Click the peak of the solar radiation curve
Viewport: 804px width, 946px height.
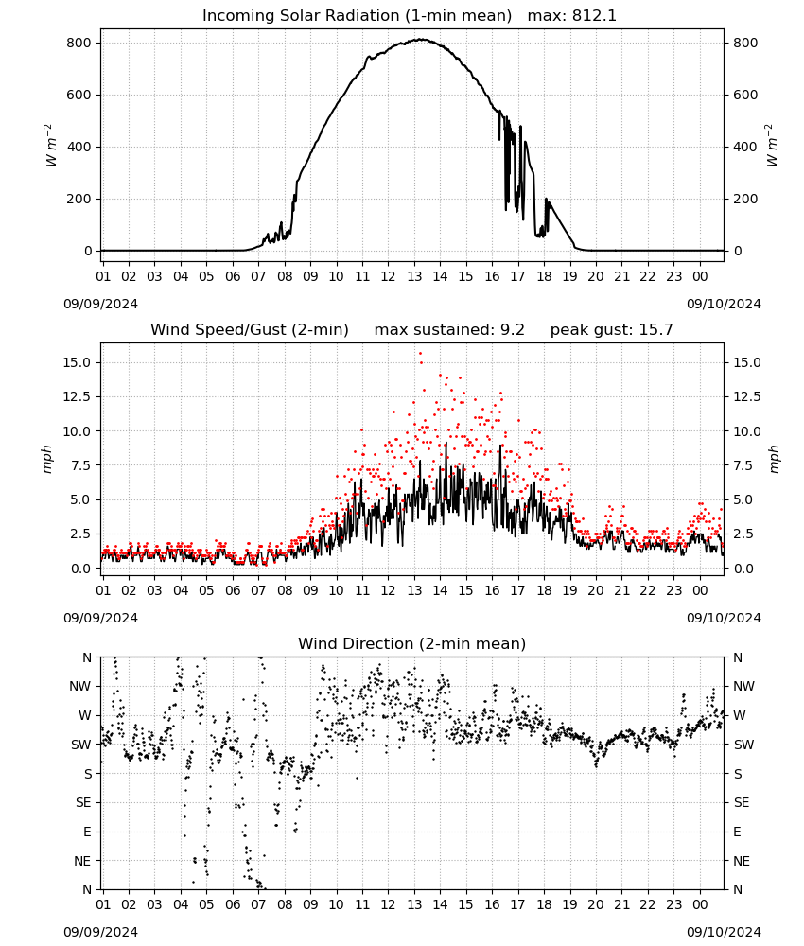tap(421, 40)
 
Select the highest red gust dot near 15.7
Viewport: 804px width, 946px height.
tap(420, 354)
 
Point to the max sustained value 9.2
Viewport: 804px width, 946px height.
tap(513, 329)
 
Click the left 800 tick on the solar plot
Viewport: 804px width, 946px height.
tap(79, 43)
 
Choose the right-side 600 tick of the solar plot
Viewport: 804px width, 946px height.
tap(745, 95)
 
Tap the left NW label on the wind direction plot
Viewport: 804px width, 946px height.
tap(80, 686)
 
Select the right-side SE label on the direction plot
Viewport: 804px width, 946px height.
tap(742, 802)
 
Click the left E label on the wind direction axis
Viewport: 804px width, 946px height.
tap(87, 832)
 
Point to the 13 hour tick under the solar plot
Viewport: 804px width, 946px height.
tap(414, 276)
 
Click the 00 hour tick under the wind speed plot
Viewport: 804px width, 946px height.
tap(700, 590)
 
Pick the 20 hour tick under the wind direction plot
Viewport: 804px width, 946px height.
tap(596, 904)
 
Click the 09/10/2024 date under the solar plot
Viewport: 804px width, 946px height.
tap(724, 304)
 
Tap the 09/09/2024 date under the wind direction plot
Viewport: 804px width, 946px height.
tap(100, 932)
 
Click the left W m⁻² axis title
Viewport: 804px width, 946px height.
tap(51, 146)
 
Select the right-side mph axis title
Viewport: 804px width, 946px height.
tap(775, 459)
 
